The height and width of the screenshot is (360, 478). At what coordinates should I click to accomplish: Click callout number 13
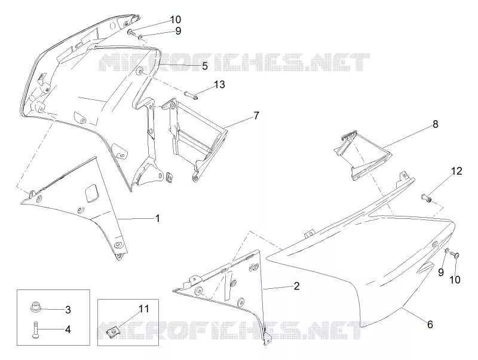219,84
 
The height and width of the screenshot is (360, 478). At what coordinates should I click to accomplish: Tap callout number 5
205,66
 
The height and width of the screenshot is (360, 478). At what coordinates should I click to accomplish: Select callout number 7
256,115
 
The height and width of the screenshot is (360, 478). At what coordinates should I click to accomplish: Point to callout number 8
436,124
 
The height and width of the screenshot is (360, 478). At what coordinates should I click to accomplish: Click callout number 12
456,171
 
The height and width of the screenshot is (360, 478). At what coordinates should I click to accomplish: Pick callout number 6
430,324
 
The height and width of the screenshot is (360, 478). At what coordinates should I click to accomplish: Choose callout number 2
296,286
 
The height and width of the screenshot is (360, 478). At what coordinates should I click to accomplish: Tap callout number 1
158,218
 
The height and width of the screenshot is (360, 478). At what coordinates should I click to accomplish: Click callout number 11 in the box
143,309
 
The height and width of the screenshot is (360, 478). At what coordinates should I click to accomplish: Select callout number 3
68,310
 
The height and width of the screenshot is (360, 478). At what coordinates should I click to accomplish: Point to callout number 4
68,330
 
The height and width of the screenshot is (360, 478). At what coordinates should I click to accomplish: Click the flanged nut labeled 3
35,306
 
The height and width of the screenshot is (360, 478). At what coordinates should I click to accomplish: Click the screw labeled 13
191,95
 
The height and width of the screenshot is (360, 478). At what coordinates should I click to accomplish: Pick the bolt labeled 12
426,198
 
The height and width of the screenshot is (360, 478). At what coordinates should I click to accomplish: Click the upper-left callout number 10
175,20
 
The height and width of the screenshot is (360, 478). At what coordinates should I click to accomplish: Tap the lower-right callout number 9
441,272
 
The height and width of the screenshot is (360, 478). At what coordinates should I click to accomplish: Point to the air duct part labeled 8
361,155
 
